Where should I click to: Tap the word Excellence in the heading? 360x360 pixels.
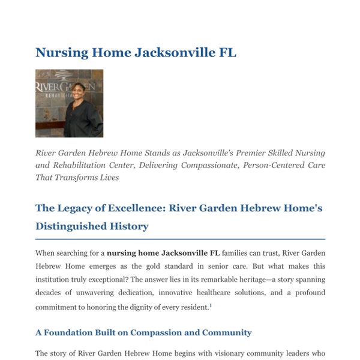[136, 208]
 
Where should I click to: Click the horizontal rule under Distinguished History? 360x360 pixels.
[180, 239]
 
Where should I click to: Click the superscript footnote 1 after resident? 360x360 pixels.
[211, 305]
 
